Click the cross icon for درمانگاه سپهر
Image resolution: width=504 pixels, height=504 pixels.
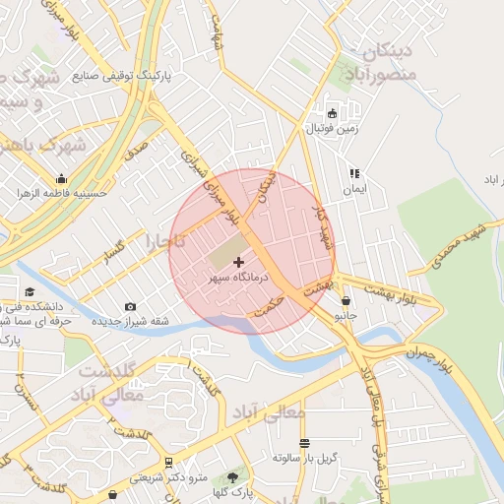point(239,263)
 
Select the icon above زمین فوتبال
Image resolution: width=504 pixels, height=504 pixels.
point(332,112)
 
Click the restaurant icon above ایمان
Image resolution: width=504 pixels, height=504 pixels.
point(353,173)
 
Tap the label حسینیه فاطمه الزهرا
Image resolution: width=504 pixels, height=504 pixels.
point(59,194)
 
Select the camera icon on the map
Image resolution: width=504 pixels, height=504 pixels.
point(131,307)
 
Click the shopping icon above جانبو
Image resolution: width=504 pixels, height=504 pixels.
point(346,300)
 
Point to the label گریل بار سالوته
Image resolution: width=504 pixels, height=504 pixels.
point(305,459)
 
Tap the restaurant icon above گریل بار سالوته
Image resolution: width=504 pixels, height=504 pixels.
point(304,443)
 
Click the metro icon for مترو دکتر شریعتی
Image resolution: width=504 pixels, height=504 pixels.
point(168,462)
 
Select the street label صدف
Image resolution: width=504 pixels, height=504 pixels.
point(136,151)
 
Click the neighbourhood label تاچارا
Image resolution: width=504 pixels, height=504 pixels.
point(159,239)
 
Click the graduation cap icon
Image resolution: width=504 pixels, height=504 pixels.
point(30,291)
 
